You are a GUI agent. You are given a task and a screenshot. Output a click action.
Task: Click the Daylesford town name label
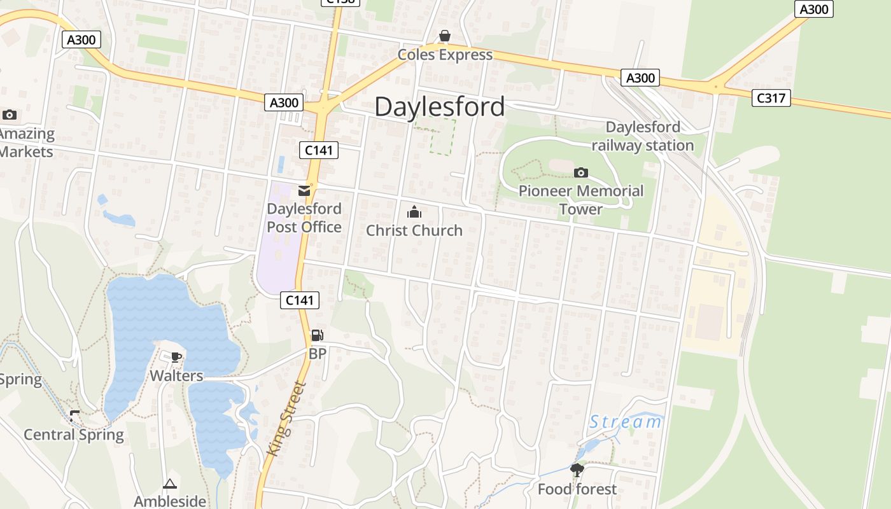(x=439, y=107)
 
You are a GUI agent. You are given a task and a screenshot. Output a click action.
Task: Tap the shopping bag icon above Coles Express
(x=445, y=36)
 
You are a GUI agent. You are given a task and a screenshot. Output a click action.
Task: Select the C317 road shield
(x=771, y=98)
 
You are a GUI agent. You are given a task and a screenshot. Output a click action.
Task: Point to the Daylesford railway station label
(x=643, y=136)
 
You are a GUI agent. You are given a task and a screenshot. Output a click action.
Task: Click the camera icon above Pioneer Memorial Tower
(x=580, y=172)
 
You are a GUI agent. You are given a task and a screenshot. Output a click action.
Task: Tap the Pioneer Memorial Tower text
(x=580, y=200)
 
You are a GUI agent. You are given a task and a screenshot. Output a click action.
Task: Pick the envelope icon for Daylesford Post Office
(x=304, y=190)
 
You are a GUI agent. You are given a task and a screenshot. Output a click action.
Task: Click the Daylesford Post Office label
(x=304, y=218)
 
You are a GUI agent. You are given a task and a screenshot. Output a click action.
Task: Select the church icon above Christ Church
(x=414, y=212)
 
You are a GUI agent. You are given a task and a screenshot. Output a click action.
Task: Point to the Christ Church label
(x=414, y=230)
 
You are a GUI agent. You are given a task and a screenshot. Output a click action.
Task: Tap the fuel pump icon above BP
(x=317, y=335)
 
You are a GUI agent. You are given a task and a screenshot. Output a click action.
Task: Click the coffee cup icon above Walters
(x=176, y=357)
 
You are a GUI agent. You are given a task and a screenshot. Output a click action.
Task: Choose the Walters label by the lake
(x=176, y=375)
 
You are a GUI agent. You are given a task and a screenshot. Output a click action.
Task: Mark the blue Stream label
(x=626, y=421)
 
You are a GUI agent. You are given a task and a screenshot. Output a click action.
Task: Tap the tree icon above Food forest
(x=577, y=470)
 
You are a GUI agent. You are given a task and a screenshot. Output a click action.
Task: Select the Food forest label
(x=577, y=489)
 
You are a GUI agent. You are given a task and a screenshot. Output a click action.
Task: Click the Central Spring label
(x=74, y=435)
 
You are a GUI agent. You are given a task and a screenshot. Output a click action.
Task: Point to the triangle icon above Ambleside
(x=169, y=484)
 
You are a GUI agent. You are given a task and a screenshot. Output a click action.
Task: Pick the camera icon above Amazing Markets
(x=9, y=115)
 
